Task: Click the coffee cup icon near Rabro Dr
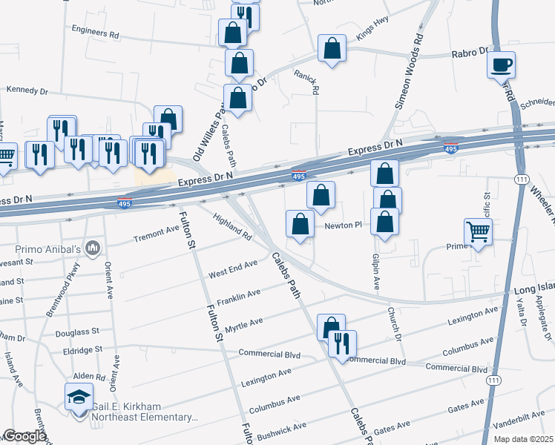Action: point(502,64)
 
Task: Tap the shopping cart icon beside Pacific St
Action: point(478,232)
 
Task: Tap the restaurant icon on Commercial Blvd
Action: point(342,343)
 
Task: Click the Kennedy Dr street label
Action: point(27,90)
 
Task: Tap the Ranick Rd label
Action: point(315,82)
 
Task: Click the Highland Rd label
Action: point(232,225)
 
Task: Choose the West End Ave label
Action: point(232,268)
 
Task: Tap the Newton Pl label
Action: point(342,224)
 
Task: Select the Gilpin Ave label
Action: point(376,269)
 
